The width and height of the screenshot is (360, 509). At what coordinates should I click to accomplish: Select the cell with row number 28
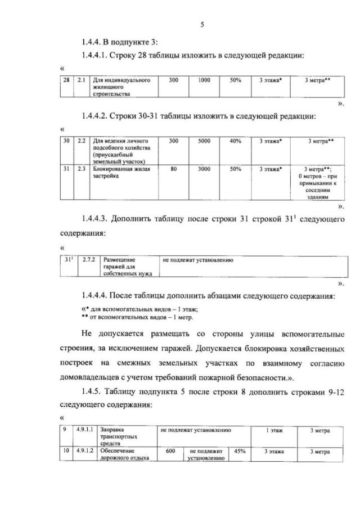[66, 80]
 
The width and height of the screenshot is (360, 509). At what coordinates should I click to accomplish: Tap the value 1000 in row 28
[204, 80]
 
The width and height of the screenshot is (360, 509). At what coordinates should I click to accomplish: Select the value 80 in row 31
[173, 168]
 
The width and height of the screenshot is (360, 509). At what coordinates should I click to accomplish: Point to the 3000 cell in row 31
[204, 168]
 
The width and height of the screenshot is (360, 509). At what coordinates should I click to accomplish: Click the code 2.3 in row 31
[81, 168]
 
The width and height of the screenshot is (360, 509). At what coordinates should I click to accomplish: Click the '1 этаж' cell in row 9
[274, 430]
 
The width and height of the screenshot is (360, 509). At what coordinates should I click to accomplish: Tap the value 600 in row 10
[171, 451]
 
